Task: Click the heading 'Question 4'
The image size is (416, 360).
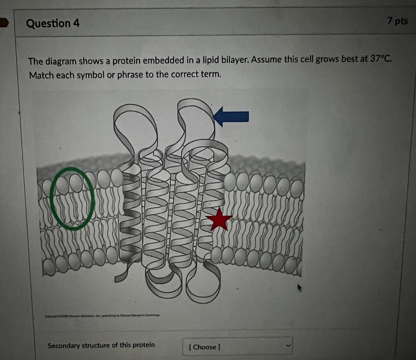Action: click(53, 24)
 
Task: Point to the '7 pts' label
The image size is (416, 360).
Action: click(397, 21)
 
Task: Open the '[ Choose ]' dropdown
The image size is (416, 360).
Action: click(237, 347)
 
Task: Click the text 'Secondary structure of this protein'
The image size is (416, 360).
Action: click(101, 345)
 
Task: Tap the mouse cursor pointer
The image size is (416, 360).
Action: click(300, 288)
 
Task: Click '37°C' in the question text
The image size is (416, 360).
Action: click(381, 58)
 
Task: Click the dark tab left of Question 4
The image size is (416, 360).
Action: click(4, 23)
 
